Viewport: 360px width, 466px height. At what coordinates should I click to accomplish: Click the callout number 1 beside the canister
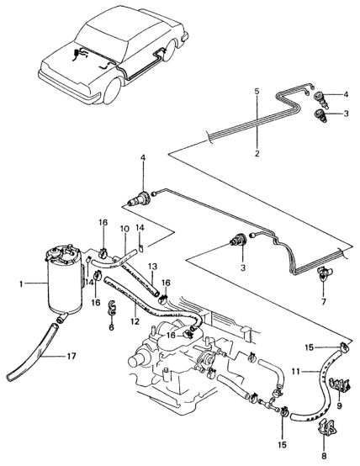(21, 284)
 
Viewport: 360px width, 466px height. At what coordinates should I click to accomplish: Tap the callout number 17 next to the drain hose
(71, 356)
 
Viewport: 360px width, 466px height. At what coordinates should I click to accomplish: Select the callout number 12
(135, 321)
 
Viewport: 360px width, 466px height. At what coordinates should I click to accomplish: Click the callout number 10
(124, 229)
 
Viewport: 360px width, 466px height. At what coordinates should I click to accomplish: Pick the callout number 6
(112, 327)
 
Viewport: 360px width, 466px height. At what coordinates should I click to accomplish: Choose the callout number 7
(324, 302)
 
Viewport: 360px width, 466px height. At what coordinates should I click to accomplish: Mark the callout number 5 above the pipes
(257, 91)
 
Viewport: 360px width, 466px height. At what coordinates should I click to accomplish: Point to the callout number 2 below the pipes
(257, 154)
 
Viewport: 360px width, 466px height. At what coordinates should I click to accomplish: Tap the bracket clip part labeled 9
(340, 385)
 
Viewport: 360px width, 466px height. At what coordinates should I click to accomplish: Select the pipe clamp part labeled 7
(324, 273)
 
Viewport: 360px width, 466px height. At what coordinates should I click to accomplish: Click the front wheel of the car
(112, 89)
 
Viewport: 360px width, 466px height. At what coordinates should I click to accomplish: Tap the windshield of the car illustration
(103, 40)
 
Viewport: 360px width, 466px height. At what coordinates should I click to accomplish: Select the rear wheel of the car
(171, 51)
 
